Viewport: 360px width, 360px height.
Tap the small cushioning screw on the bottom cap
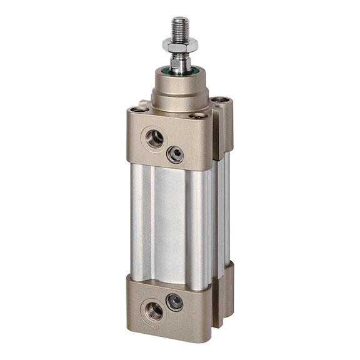175,302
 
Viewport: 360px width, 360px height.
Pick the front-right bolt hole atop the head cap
198,116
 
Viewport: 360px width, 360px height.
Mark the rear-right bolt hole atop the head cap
218,99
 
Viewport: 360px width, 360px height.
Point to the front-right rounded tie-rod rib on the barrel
199,228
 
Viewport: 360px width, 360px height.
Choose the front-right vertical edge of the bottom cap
209,309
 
